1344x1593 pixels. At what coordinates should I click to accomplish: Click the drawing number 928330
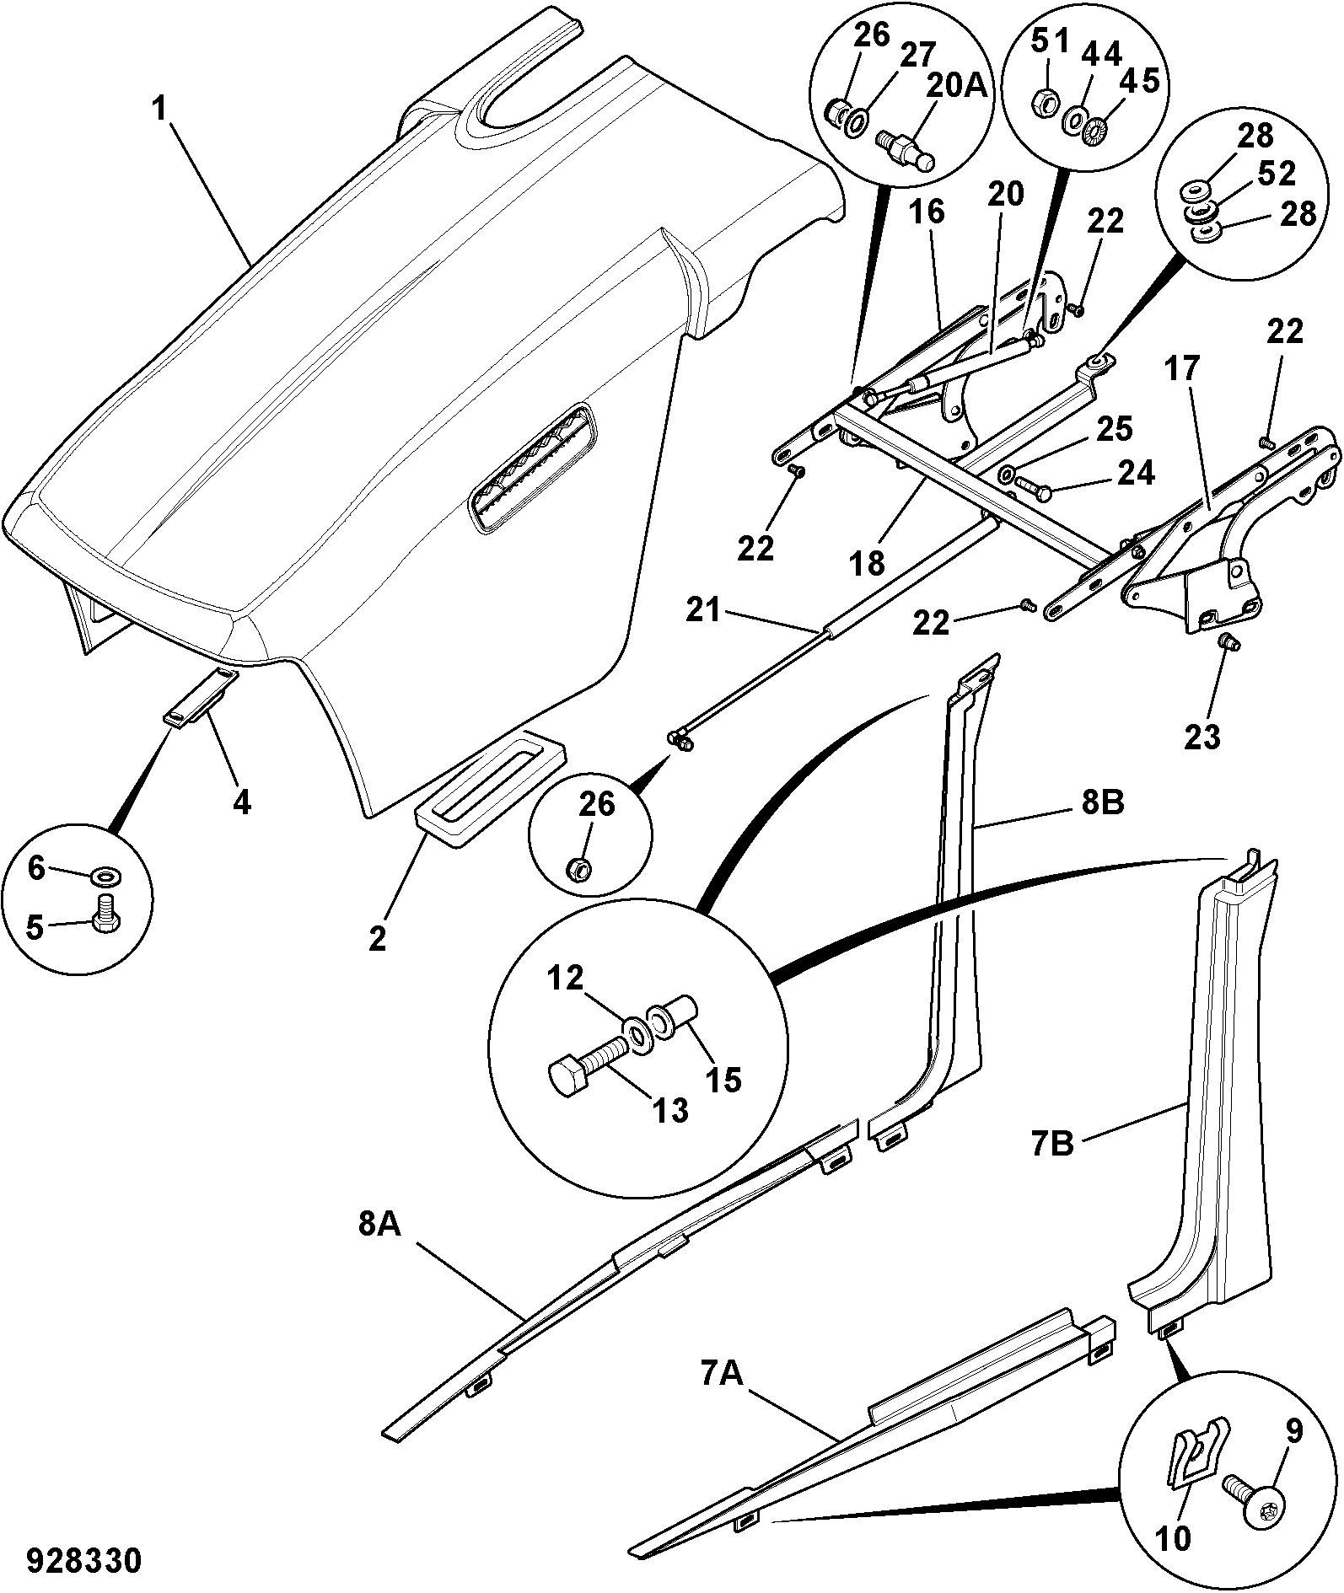tap(83, 1560)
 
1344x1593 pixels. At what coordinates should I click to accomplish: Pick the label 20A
tap(958, 86)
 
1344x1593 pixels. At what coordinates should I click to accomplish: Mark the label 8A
tap(378, 1248)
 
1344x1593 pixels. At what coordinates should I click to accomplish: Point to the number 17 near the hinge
tap(1183, 369)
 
